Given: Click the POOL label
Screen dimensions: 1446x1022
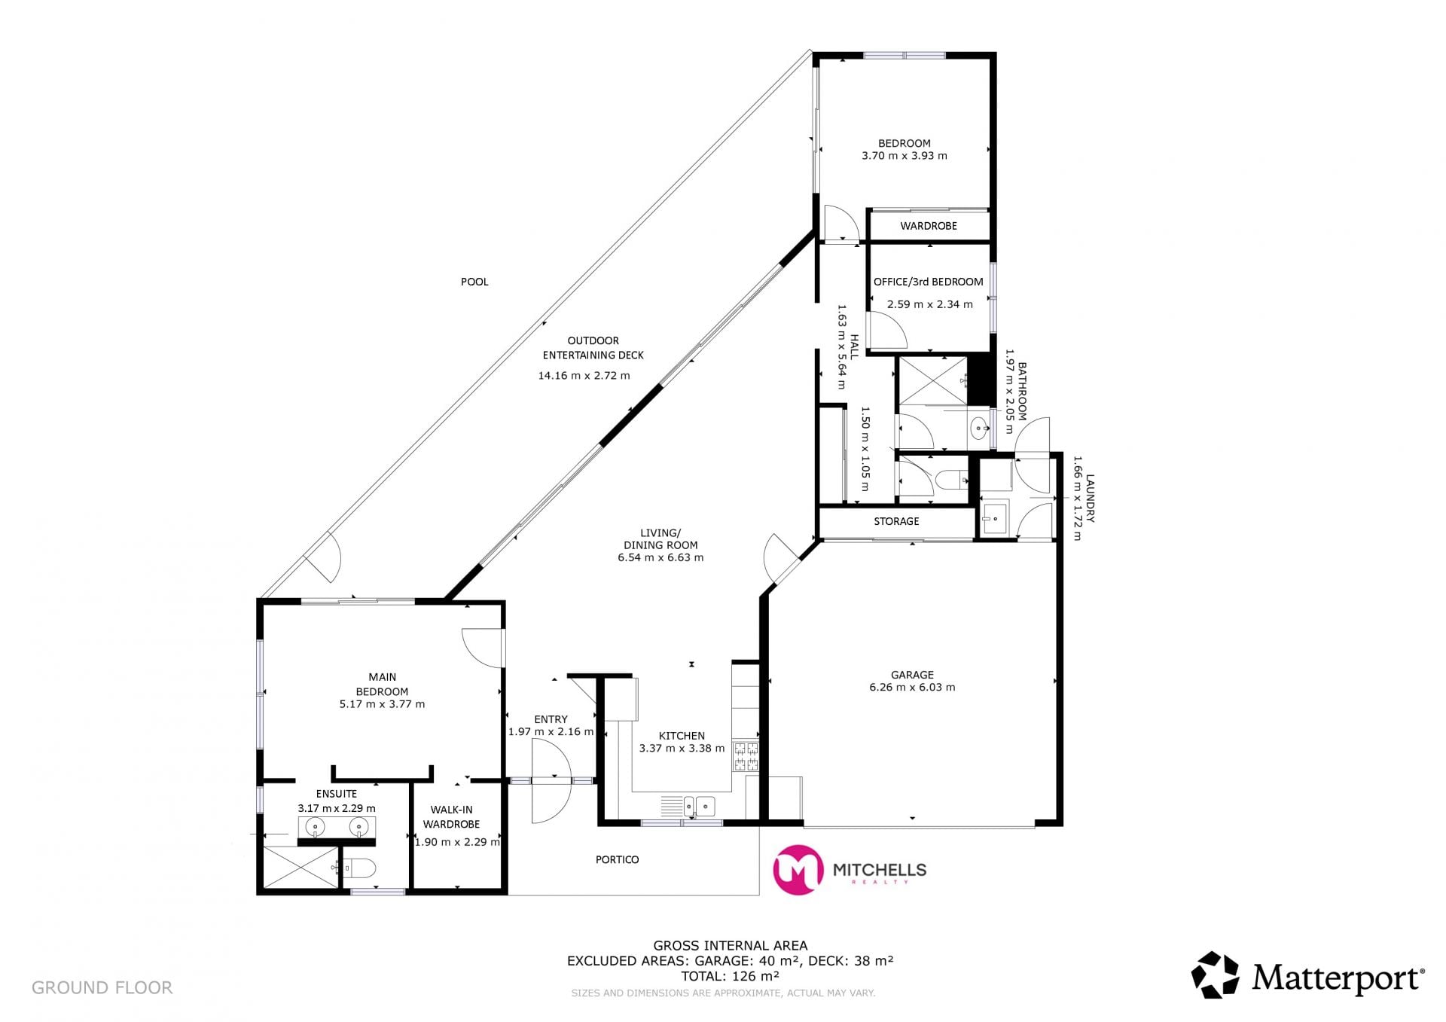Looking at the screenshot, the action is tap(474, 282).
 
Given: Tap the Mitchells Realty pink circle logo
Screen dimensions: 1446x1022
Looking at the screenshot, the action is tap(798, 870).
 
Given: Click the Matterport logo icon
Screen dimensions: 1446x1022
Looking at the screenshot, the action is tap(1215, 975).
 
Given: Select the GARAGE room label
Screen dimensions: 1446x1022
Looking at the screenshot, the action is tap(912, 675).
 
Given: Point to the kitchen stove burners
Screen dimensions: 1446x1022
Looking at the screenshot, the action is tap(746, 756).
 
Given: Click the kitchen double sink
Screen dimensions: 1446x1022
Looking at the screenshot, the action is tap(700, 807).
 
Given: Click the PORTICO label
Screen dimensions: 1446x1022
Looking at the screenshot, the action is tap(618, 859).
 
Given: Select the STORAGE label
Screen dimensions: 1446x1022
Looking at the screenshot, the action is tap(896, 521).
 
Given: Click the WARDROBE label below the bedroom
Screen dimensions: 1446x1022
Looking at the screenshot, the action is tap(929, 226).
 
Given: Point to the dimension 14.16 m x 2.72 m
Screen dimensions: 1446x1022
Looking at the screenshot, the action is tap(584, 375).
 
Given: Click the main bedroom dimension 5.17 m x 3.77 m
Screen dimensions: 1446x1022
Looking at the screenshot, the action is tap(382, 704).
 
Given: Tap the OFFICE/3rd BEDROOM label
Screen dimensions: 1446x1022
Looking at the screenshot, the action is tap(929, 282).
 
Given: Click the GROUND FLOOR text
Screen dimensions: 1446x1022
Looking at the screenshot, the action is tap(102, 987).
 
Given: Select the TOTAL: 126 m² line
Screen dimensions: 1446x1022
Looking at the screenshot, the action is tap(730, 976).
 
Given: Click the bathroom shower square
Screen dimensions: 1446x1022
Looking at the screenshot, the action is tap(934, 381).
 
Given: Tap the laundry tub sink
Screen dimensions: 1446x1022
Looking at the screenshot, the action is tap(995, 519).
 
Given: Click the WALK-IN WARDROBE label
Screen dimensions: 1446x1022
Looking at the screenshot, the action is tap(451, 816).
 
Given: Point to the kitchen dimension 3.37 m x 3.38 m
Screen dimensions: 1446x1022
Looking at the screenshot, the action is tap(682, 749).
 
